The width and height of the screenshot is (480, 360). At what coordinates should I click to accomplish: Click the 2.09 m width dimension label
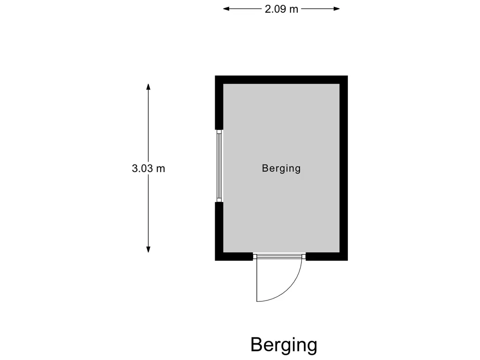[x=281, y=9]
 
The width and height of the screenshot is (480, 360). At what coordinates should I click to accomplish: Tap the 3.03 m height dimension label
[x=149, y=168]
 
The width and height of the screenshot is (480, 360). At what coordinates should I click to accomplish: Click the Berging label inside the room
[x=281, y=168]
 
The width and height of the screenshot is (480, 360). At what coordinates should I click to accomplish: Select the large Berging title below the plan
[x=284, y=345]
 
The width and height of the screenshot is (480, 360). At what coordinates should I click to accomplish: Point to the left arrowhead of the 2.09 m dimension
[x=226, y=8]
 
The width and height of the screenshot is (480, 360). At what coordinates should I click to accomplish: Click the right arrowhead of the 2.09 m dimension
[x=337, y=8]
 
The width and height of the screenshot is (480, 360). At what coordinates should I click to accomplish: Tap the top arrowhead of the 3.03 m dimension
[x=148, y=87]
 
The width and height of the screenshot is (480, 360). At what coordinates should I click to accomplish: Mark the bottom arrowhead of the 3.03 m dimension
[x=148, y=249]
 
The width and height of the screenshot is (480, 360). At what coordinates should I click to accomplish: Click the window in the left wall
[x=219, y=165]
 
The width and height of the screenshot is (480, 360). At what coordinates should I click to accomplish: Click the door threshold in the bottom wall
[x=279, y=256]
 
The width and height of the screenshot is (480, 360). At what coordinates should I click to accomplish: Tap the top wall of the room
[x=281, y=80]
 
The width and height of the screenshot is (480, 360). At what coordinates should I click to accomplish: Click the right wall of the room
[x=344, y=168]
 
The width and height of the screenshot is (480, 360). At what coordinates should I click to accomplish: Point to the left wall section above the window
[x=219, y=103]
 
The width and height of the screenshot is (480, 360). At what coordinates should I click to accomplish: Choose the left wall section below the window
[x=219, y=231]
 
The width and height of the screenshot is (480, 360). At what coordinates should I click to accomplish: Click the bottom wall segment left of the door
[x=234, y=256]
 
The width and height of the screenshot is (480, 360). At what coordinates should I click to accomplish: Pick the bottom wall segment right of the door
[x=327, y=256]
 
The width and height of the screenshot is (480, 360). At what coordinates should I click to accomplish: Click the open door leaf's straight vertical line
[x=257, y=280]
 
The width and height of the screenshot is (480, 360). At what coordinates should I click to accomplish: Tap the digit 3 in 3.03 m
[x=135, y=168]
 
